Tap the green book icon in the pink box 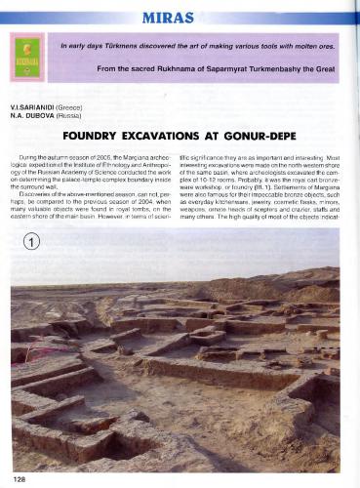[x=25, y=56]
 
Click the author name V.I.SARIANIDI [x=32, y=103]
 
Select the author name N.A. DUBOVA [x=30, y=113]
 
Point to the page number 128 [x=20, y=478]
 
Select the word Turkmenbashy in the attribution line [x=270, y=72]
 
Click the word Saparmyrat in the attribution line [x=222, y=72]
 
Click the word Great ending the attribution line [x=331, y=72]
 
